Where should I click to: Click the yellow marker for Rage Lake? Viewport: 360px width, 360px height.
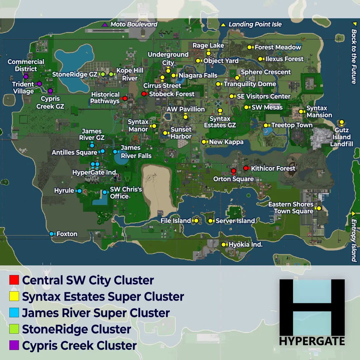209,53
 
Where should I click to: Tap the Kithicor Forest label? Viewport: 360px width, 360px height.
273,168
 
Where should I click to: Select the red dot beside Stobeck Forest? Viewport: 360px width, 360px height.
144,94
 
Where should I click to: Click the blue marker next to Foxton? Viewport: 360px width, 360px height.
52,234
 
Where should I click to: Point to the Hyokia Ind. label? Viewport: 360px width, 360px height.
246,245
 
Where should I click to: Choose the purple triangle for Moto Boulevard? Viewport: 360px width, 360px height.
105,24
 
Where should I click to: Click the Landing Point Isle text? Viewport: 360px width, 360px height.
255,24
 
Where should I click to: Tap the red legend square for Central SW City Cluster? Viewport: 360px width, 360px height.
14,280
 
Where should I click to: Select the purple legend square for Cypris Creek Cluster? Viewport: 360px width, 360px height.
14,345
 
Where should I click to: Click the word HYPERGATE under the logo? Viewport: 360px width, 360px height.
312,341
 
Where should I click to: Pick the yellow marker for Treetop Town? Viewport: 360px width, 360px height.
266,125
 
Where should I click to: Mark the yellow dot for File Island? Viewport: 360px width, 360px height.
196,221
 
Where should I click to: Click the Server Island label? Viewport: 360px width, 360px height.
235,221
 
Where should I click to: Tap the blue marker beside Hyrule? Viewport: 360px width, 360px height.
79,191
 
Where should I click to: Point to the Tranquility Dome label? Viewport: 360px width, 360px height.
250,84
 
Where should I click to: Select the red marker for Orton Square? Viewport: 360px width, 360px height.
234,171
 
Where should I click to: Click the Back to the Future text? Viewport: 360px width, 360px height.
354,57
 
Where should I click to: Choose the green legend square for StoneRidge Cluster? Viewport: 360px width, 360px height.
14,329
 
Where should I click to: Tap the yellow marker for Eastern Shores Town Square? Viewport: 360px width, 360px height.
319,208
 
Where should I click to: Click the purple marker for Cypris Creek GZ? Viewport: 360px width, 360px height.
50,91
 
